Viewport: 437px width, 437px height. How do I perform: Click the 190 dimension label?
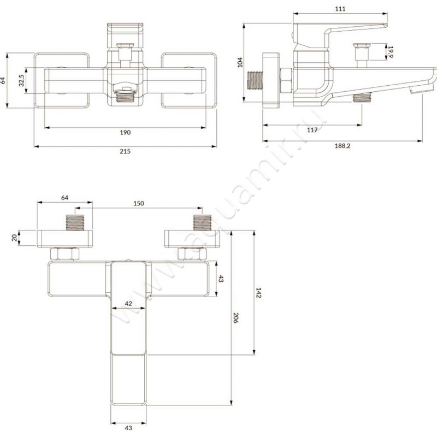(125, 132)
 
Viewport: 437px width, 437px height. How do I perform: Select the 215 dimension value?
(125, 151)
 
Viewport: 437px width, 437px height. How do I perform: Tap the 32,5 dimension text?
(21, 80)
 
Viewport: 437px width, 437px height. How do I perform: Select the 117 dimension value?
(312, 129)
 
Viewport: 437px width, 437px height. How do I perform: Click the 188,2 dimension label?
(343, 146)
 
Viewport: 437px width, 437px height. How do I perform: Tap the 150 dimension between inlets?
(139, 203)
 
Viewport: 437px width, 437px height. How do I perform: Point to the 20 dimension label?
(14, 238)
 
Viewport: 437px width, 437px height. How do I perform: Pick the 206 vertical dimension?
(237, 318)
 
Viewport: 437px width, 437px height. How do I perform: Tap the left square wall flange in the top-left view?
(61, 80)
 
